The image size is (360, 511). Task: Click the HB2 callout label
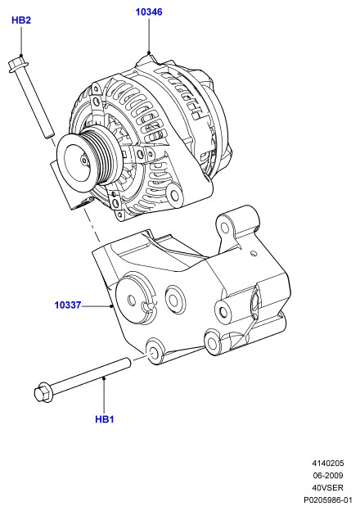(x=21, y=20)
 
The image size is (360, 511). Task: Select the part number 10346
(x=149, y=12)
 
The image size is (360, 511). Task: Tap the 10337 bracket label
(x=68, y=305)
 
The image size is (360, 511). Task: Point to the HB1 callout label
(x=105, y=419)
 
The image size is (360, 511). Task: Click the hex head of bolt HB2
(x=17, y=65)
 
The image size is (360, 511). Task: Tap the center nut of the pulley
(x=84, y=161)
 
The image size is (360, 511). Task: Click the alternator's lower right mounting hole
(x=175, y=195)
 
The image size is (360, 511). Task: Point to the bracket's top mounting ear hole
(x=225, y=227)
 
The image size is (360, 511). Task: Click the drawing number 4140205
(x=328, y=464)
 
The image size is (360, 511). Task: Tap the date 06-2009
(x=328, y=476)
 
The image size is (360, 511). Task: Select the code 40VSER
(x=328, y=487)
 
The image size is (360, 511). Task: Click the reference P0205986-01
(x=328, y=500)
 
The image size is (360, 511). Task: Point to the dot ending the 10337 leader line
(x=111, y=305)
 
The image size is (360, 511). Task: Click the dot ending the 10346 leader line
(x=149, y=52)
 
